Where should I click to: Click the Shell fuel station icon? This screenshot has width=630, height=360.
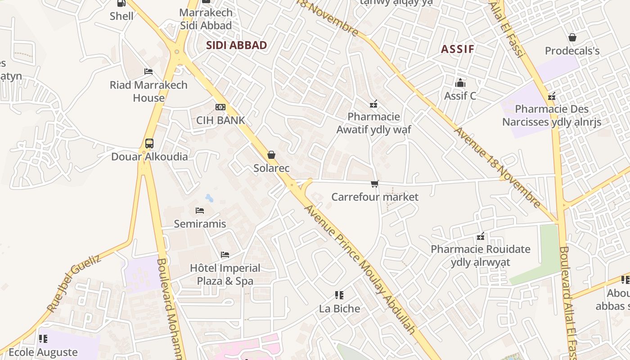(121, 3)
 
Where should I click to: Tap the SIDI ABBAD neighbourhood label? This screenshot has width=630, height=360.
(236, 45)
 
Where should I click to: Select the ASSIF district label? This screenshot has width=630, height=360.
(458, 49)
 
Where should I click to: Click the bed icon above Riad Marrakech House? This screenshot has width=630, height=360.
(148, 72)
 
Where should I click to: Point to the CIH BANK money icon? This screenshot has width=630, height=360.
(220, 107)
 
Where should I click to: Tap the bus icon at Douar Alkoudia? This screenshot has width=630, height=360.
(149, 144)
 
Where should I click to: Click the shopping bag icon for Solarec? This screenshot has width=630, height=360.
(271, 155)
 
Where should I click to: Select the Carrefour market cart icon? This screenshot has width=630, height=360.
(374, 184)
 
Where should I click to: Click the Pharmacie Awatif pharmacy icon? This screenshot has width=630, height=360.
(373, 104)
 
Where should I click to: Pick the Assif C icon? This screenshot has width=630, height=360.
(460, 83)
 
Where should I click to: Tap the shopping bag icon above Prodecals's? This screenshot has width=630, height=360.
(572, 37)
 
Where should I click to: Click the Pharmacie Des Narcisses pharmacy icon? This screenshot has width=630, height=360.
(552, 96)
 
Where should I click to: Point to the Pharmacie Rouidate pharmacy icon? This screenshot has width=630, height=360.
(480, 236)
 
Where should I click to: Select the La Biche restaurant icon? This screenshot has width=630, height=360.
(339, 295)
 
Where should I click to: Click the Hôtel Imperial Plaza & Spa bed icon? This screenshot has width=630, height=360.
(225, 255)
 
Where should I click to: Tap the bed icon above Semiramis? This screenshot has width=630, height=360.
(200, 210)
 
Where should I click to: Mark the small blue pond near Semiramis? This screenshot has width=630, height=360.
(209, 198)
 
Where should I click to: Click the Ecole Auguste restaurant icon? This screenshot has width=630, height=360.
(43, 338)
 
